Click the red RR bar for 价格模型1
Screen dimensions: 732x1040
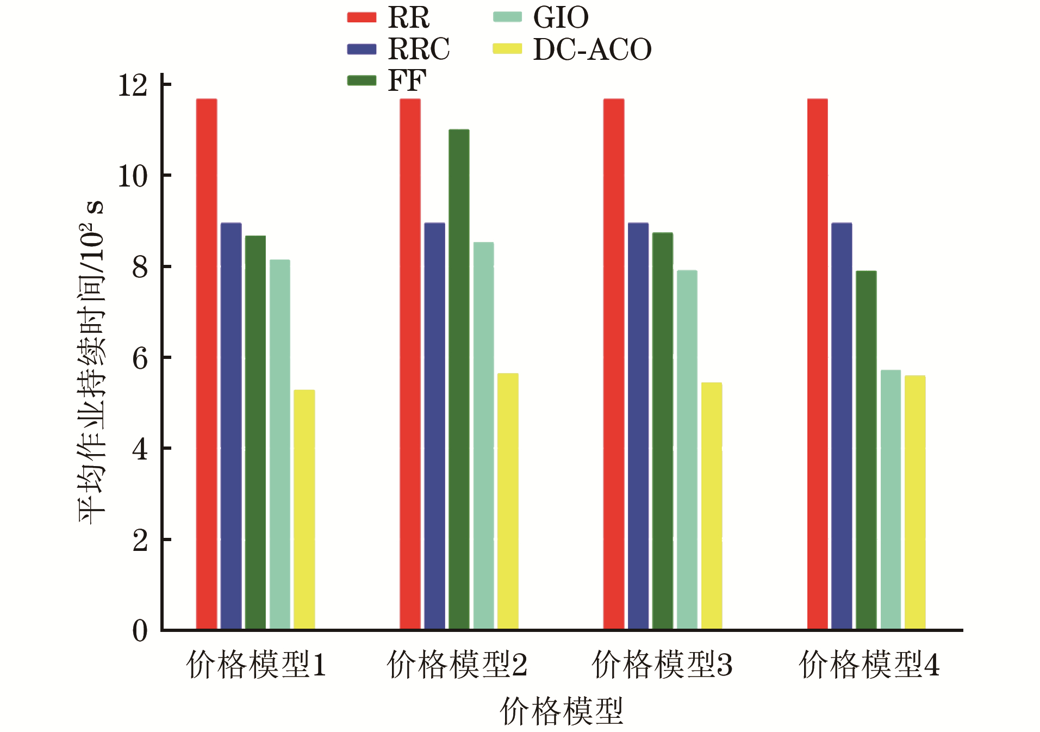click(x=206, y=364)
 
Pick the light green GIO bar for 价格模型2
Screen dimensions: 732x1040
click(x=483, y=436)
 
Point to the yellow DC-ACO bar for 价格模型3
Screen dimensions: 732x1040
click(x=711, y=506)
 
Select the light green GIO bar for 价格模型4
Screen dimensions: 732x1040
click(x=890, y=500)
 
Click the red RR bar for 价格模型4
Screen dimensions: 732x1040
click(x=817, y=364)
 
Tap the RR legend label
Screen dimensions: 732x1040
click(x=408, y=17)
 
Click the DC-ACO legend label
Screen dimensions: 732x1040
click(x=592, y=49)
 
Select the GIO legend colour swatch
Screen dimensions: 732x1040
click(x=507, y=17)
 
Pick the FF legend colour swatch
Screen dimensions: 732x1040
click(x=362, y=80)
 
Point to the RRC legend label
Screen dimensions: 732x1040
click(x=419, y=49)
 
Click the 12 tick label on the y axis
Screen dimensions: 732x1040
click(x=133, y=85)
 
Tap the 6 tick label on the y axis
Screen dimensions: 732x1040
click(x=140, y=358)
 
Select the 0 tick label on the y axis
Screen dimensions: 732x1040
click(x=140, y=631)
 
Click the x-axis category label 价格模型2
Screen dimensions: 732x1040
click(x=457, y=665)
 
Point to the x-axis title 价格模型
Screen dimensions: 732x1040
click(x=561, y=711)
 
